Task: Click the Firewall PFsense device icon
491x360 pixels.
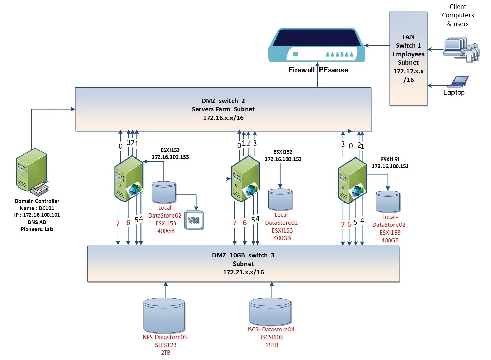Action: [317, 45]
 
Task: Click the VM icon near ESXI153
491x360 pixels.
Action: [194, 220]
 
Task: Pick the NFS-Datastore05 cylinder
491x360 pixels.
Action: [164, 315]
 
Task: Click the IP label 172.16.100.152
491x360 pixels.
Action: [283, 159]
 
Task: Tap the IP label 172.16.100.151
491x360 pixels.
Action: [390, 166]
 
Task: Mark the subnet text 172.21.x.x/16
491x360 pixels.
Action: [243, 272]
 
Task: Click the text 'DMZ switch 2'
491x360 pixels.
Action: [223, 101]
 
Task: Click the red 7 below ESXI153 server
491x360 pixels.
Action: [118, 223]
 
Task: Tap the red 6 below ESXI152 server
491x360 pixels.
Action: [244, 223]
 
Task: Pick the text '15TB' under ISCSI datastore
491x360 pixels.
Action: [272, 345]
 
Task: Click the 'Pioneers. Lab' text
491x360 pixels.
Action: [37, 229]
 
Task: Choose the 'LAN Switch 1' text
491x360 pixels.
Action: [408, 41]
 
